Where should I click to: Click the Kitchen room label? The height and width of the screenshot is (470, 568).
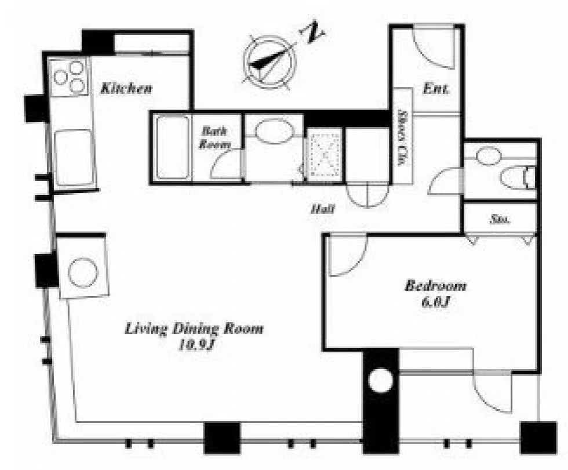click(x=126, y=88)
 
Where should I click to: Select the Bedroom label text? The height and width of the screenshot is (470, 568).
click(x=435, y=285)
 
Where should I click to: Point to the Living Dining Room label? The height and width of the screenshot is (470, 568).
click(x=194, y=329)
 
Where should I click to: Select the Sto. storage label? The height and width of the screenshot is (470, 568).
click(x=501, y=219)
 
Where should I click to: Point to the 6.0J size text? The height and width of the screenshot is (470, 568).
click(x=435, y=301)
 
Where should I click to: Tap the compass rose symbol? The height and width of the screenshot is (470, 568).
click(x=270, y=62)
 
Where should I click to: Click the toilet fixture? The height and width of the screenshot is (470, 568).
click(x=518, y=178)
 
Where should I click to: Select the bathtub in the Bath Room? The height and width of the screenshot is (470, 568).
click(x=173, y=147)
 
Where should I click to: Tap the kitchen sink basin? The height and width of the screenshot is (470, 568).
click(x=74, y=158)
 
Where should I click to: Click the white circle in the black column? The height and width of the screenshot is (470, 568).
click(x=380, y=381)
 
